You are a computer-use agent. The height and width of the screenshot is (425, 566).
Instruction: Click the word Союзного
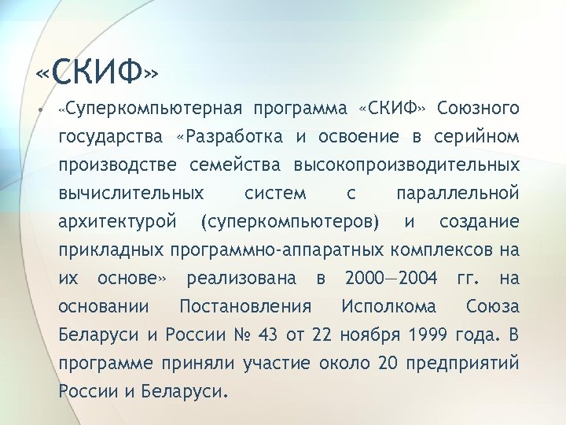coord(478,107)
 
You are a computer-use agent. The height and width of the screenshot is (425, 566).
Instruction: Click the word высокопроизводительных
coord(406,164)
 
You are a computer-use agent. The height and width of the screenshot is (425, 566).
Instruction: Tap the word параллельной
coord(458,193)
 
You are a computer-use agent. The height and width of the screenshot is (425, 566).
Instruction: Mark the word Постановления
coord(245,306)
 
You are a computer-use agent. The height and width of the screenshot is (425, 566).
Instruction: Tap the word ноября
coord(369,335)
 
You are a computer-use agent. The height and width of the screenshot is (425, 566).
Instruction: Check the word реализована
coord(242,278)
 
